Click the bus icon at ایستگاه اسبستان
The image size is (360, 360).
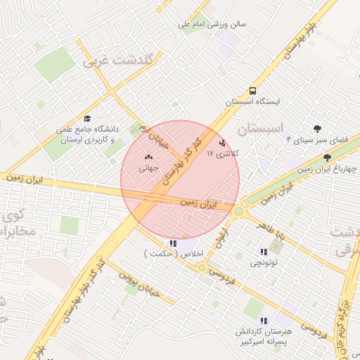(252, 91)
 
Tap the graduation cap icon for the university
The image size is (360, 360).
(87, 118)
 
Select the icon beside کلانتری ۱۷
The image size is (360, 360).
(224, 142)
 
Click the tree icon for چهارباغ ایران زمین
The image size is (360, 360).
(328, 158)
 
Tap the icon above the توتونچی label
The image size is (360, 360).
(264, 251)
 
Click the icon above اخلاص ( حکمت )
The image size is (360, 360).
(174, 243)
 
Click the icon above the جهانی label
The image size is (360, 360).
(148, 157)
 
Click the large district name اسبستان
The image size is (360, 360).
(261, 129)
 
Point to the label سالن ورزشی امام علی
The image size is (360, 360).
(211, 23)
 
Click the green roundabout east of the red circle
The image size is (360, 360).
(238, 210)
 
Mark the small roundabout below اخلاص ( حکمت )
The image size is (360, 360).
(202, 267)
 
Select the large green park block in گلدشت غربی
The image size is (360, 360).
(55, 65)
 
